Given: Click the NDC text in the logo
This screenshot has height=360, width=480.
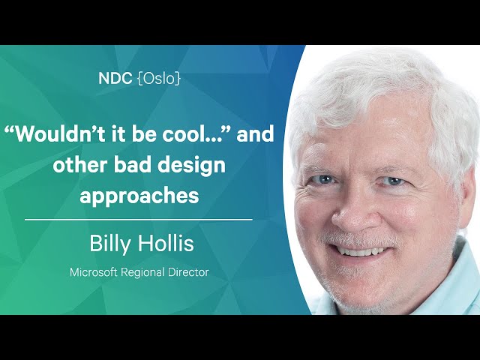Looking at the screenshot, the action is point(115,78).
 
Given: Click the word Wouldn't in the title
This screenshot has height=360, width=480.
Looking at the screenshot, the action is point(55,133).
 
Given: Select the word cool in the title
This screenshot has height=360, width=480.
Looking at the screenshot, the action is point(181,133).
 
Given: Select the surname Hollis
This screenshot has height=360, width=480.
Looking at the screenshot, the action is point(166,243).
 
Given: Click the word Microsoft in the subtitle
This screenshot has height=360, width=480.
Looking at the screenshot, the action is point(93,271).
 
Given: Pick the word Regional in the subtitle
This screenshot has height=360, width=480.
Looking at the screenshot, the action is point(142,272).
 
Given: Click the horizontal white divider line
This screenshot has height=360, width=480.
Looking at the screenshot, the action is point(138,220).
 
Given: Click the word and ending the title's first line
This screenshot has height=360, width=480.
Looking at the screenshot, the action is point(255,133).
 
